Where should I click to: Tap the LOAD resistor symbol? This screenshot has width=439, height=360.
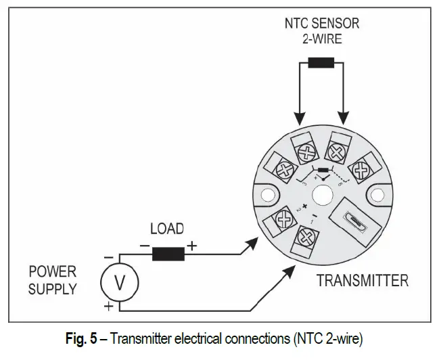[x=168, y=254]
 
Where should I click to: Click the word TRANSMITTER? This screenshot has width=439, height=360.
[x=362, y=280]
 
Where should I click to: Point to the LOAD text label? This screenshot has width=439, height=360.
[x=167, y=229]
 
